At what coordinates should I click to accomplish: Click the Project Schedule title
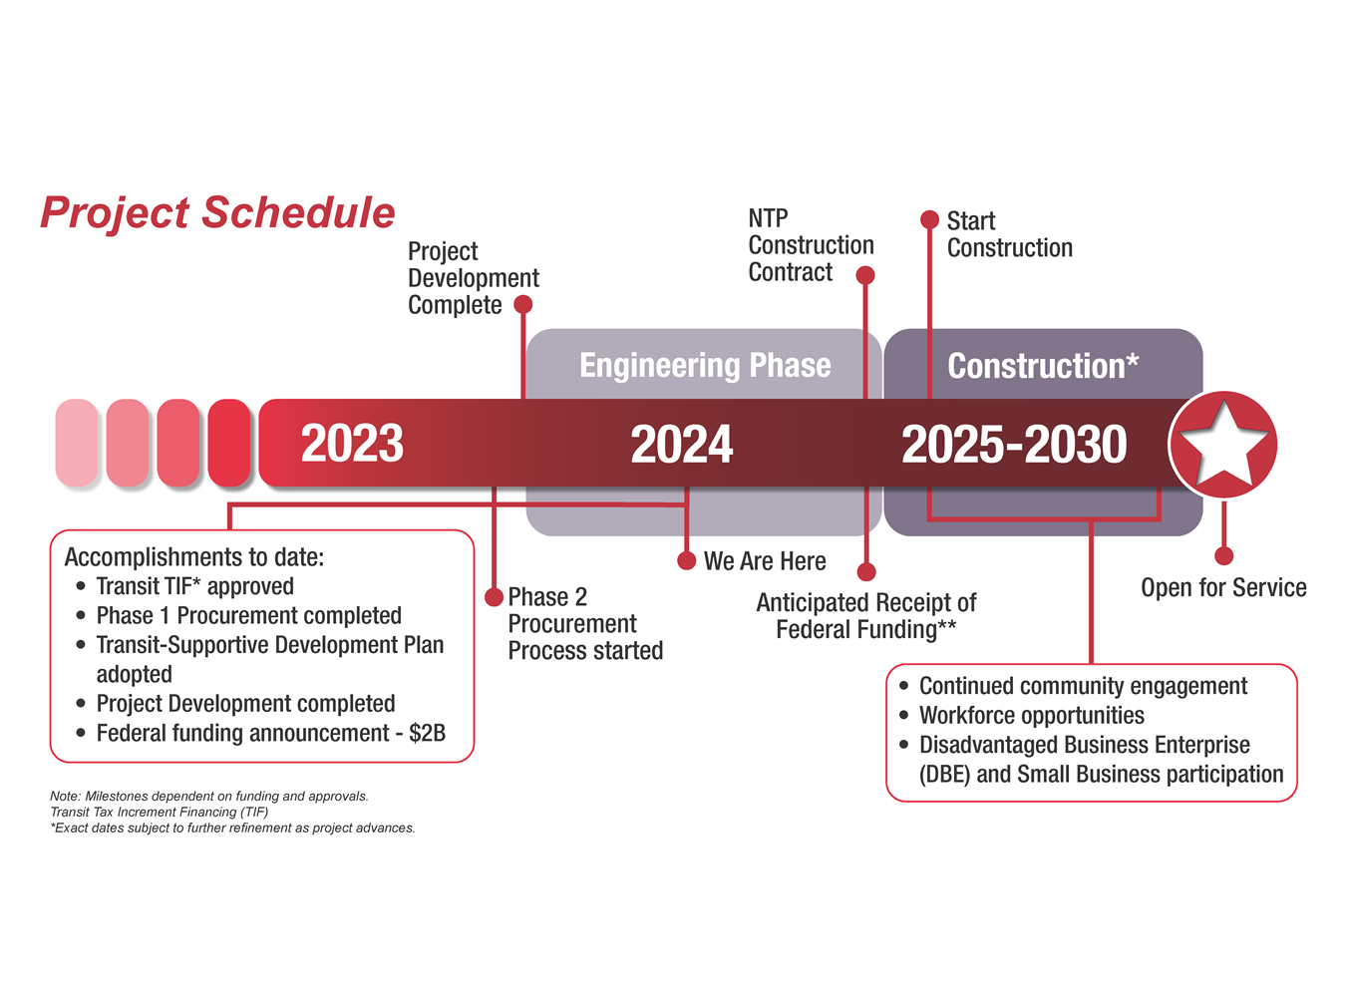click(x=217, y=213)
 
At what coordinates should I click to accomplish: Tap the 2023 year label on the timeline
click(x=352, y=445)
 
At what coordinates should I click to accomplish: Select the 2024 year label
click(x=681, y=445)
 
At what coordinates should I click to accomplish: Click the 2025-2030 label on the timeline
click(x=1014, y=445)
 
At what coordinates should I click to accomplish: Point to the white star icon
click(x=1223, y=444)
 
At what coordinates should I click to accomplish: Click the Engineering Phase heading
click(x=705, y=366)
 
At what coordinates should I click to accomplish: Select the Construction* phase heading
click(x=1042, y=366)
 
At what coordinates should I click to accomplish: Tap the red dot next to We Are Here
click(x=686, y=561)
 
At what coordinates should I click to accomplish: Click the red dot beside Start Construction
click(x=929, y=219)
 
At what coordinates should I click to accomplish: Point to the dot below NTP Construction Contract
click(x=865, y=275)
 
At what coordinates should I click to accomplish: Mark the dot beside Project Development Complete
click(x=522, y=304)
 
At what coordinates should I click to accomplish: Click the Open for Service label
click(x=1223, y=588)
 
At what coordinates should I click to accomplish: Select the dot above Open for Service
click(x=1224, y=555)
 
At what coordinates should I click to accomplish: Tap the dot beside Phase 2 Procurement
click(x=494, y=597)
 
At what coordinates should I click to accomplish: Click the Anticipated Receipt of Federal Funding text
click(x=865, y=616)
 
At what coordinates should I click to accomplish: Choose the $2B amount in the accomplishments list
click(x=427, y=734)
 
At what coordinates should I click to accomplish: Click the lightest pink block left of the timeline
click(x=77, y=444)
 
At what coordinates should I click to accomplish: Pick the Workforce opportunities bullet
click(x=1031, y=716)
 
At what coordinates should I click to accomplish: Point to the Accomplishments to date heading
click(x=194, y=557)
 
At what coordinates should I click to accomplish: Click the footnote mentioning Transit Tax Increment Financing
click(x=160, y=812)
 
